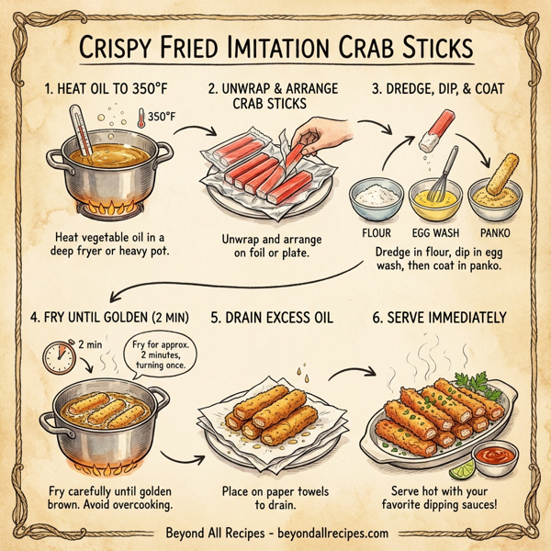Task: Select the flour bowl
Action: (377, 196)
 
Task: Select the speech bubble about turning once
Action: (158, 354)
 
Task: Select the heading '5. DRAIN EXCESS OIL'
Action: (273, 319)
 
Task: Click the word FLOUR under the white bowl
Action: (377, 232)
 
